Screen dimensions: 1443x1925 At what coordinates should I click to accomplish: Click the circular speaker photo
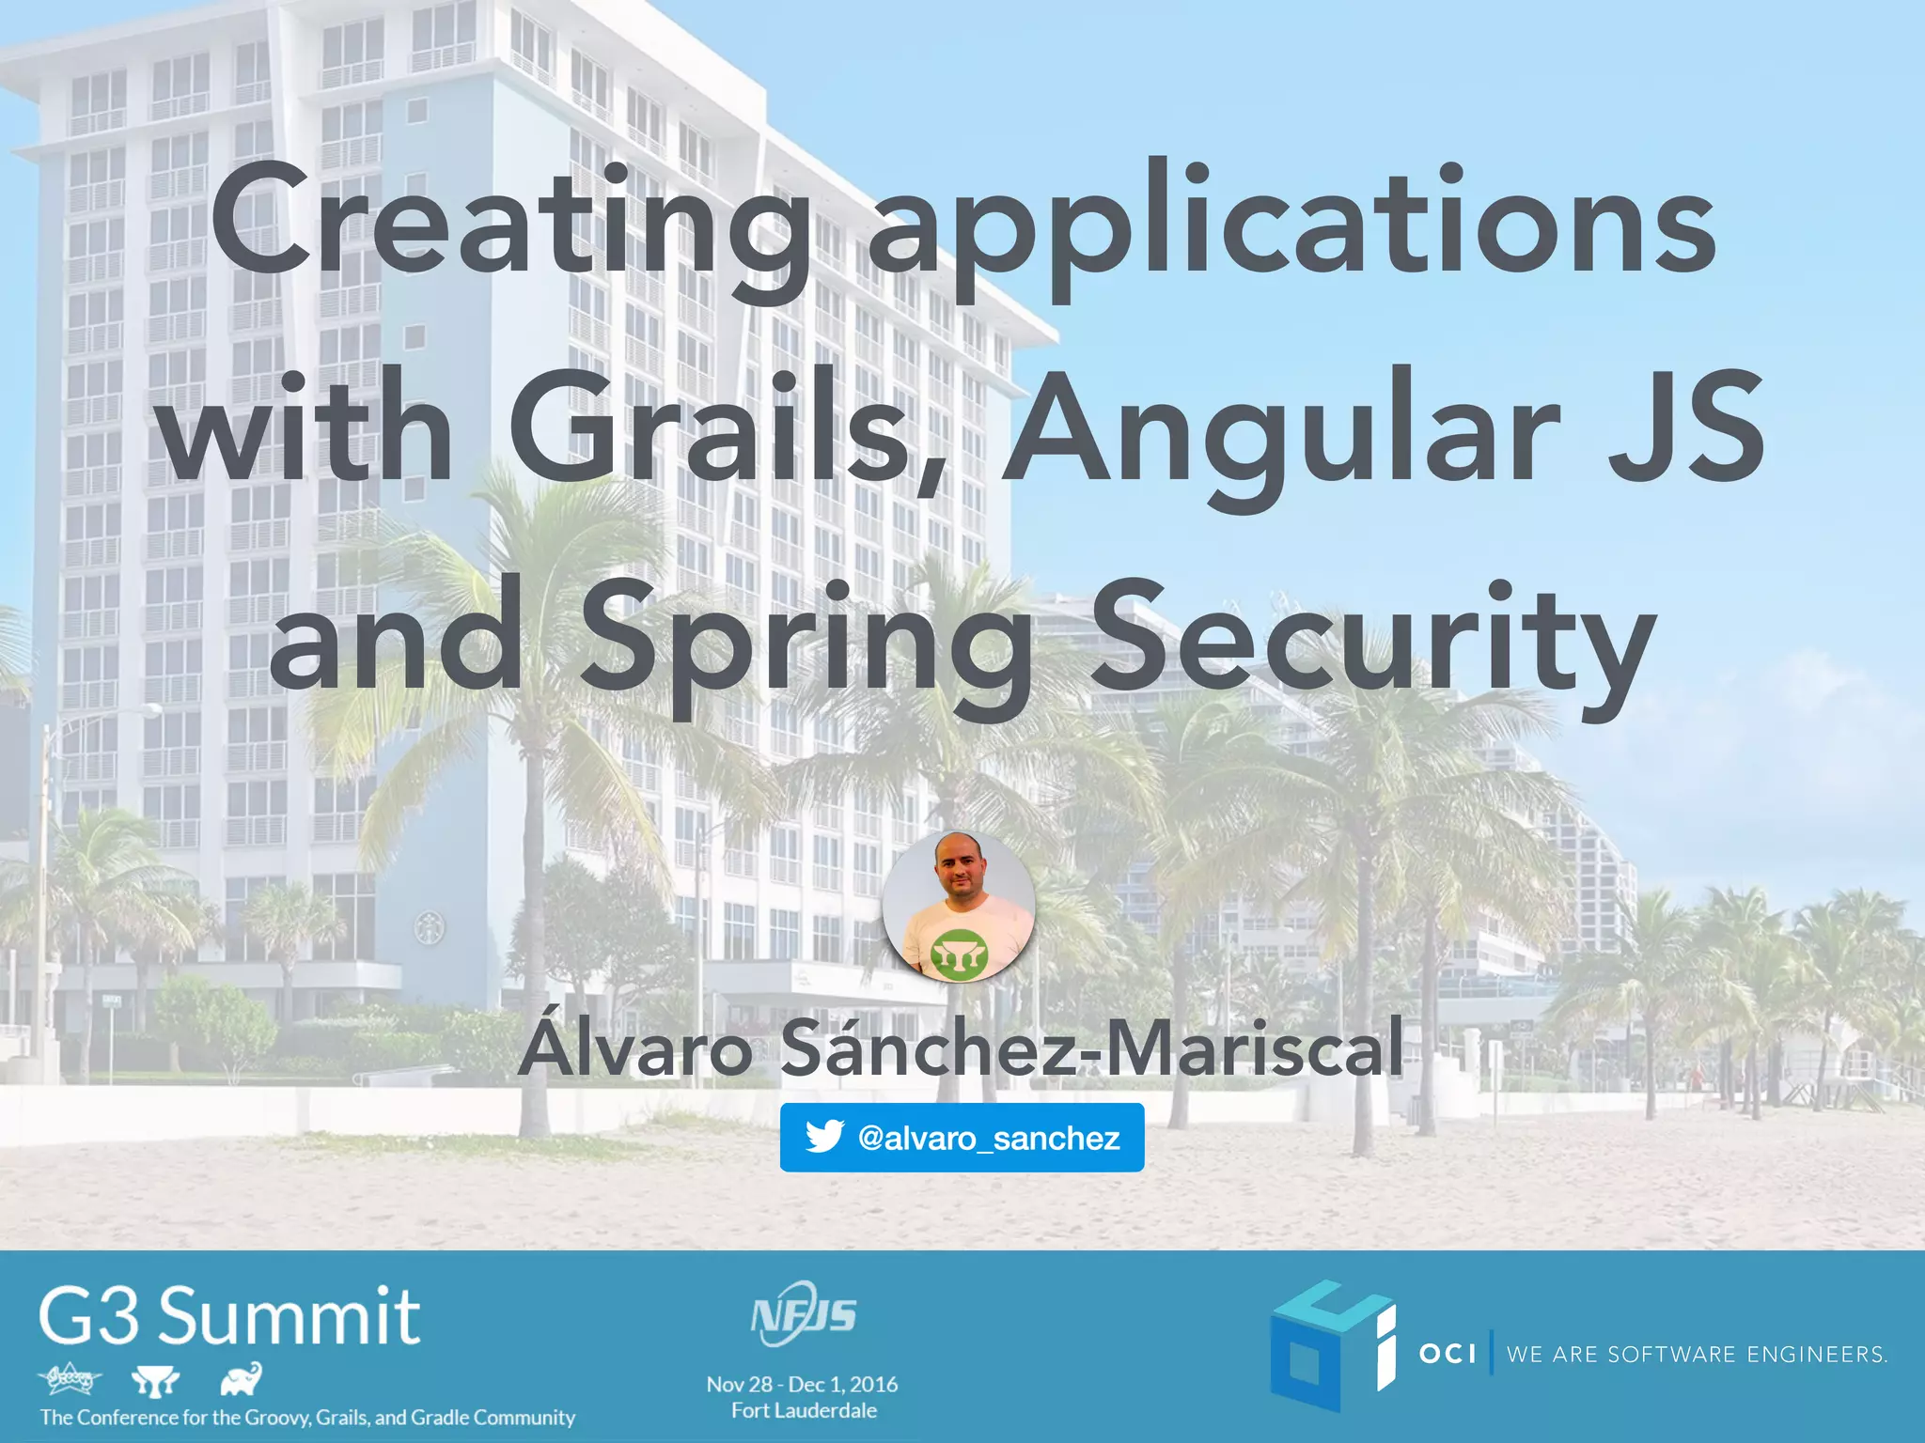point(959,907)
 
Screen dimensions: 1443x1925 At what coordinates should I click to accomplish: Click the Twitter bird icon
point(824,1138)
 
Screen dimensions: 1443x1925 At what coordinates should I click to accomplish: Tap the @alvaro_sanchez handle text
point(989,1139)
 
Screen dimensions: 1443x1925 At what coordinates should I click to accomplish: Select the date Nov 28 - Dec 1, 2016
point(802,1384)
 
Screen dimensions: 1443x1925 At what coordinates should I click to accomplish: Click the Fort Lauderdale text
point(804,1410)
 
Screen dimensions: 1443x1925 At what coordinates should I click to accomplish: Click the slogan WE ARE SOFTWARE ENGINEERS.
point(1697,1355)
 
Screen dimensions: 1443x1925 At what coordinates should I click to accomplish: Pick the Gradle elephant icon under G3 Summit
point(241,1380)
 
